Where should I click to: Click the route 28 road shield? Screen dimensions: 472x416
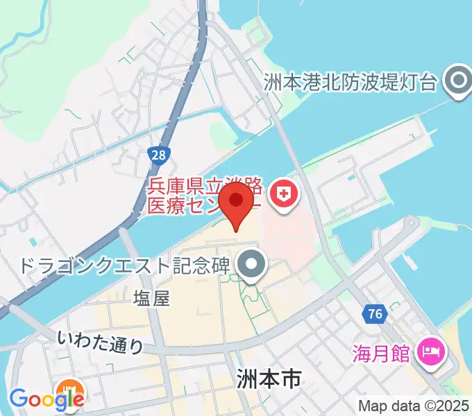160,154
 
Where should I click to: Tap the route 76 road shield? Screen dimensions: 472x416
376,314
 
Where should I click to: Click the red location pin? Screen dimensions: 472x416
237,201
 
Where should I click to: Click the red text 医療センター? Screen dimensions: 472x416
201,207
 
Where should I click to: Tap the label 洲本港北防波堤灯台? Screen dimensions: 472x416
351,83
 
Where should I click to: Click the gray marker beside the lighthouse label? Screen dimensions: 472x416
458,83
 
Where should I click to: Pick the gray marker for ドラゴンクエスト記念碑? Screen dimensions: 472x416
251,264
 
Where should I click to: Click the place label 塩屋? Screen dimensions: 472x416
151,298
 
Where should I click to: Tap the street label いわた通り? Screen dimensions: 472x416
100,341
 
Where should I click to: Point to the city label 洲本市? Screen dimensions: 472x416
267,379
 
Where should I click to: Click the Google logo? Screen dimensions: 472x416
46,399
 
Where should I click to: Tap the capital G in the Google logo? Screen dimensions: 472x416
19,398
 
